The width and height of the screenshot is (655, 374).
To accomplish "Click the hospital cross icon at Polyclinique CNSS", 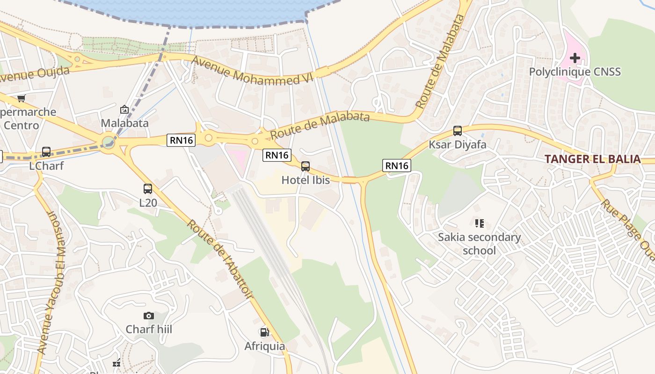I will coord(575,58).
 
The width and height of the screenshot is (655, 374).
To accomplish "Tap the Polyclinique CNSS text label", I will coord(575,72).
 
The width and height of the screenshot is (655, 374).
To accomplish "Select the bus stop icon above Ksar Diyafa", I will coord(458,131).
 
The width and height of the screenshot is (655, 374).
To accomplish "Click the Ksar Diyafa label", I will coord(458,144).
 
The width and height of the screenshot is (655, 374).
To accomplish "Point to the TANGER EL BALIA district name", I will coord(592,159).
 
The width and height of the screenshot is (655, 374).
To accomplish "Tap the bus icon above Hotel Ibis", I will coord(306,166).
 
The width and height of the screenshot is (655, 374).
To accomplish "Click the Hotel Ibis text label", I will coord(306,180).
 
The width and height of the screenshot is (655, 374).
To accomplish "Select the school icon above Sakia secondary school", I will coord(479,223).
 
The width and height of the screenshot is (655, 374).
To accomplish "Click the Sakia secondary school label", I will coord(479,244).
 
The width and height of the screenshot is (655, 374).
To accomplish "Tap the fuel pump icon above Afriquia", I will coord(264,332).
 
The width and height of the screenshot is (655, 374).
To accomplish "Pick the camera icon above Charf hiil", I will coord(149,316).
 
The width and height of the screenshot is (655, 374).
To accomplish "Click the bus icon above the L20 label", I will coord(148,189).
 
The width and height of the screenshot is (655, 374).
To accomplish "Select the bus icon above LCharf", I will coord(46,152).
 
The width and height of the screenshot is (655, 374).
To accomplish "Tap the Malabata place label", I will coord(125,123).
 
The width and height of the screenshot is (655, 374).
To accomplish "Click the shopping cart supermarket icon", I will coord(21,98).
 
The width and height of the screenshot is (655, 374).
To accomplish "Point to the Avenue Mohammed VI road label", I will coord(251,71).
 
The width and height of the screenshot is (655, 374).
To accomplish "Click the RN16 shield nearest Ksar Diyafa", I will coord(396,165).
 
